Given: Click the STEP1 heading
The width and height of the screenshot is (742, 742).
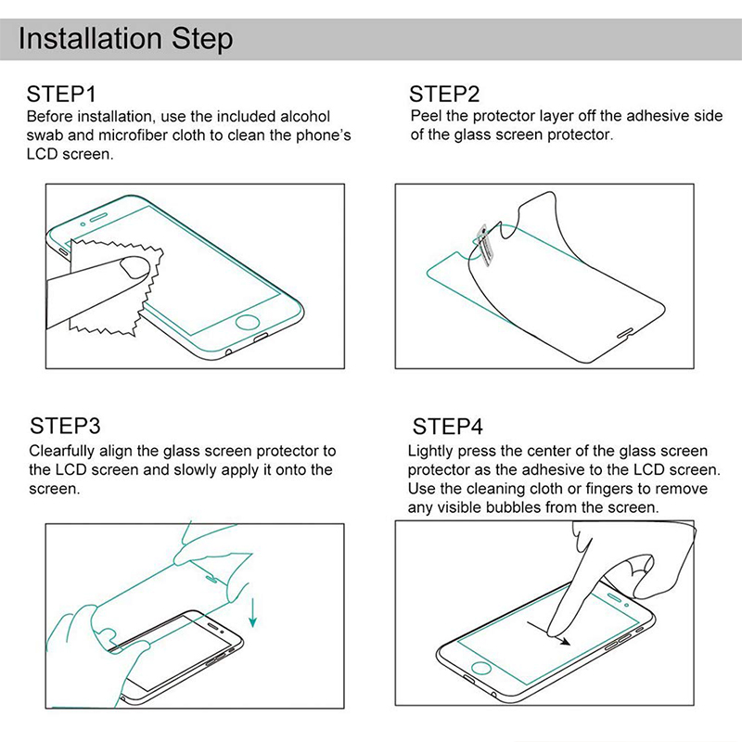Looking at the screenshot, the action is (61, 94).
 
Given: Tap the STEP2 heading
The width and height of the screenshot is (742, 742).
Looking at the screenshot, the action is (444, 94).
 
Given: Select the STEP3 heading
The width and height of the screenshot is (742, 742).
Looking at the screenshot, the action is (65, 426).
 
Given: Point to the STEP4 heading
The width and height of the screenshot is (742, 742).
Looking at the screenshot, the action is (447, 426).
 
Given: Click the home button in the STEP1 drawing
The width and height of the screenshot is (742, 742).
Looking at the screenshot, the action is (248, 322).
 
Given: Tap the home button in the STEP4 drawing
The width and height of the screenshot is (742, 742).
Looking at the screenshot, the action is (480, 668).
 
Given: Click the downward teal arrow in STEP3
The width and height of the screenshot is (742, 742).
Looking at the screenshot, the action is (253, 612).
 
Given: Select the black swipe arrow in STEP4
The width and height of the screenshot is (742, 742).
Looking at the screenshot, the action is (548, 633).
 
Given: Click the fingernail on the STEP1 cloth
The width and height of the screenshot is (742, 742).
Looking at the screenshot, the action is (134, 267).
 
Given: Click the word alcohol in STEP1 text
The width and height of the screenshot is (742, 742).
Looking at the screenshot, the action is (305, 117).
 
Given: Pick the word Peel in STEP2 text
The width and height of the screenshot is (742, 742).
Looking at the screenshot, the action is (425, 116).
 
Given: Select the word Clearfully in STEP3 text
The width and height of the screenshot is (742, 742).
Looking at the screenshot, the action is (62, 451).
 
